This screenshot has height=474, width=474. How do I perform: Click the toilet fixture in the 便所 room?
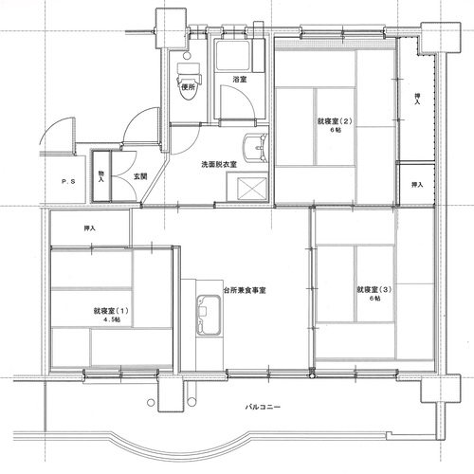tap(189, 82)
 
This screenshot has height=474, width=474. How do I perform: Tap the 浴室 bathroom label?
tap(240, 80)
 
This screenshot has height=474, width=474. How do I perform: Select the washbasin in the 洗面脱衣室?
tap(255, 147)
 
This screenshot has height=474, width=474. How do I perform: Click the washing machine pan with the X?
tap(252, 189)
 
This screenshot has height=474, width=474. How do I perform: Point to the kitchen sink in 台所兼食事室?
tap(209, 316)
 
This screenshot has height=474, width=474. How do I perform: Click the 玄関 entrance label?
tap(140, 176)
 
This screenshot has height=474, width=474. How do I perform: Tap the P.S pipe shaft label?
tap(68, 182)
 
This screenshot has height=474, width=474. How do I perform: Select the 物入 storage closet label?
tap(101, 176)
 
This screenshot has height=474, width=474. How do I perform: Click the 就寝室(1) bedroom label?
tap(111, 311)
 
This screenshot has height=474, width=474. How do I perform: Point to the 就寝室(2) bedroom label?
tap(335, 121)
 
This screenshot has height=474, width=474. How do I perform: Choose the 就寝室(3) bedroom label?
tap(374, 289)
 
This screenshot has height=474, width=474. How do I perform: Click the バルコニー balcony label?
tap(263, 407)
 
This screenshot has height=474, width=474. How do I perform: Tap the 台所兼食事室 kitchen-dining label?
tap(245, 290)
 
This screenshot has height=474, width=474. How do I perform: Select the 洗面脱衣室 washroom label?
tap(219, 165)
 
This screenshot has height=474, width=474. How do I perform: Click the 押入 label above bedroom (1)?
tap(90, 228)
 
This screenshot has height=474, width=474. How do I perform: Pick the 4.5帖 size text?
tap(112, 319)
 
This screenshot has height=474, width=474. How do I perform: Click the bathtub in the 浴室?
tap(232, 56)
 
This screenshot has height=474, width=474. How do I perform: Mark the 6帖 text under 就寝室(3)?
tap(375, 298)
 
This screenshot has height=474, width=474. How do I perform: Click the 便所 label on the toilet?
tap(188, 87)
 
